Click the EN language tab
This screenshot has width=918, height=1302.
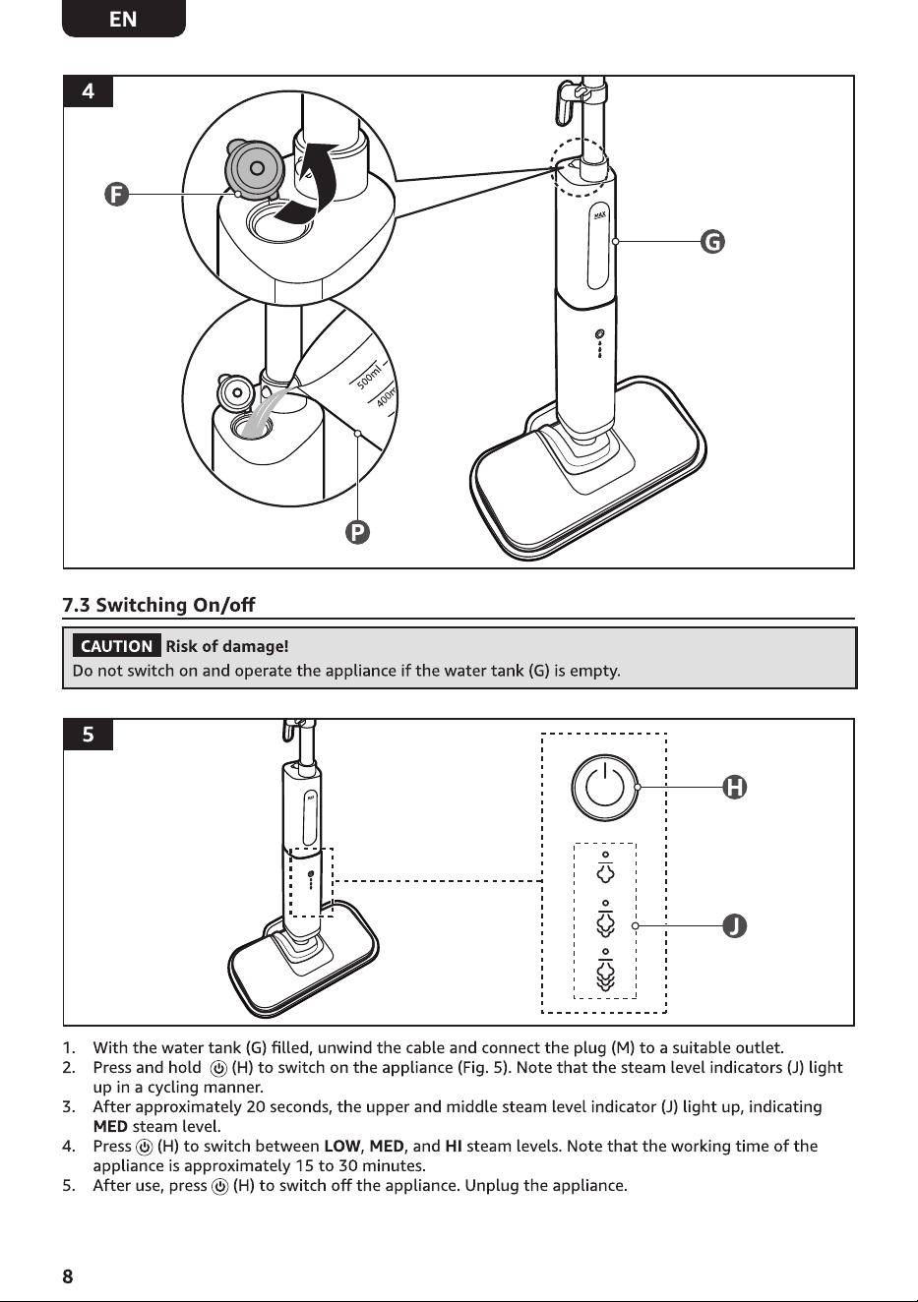(x=123, y=19)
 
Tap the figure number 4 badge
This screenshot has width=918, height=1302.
(x=88, y=91)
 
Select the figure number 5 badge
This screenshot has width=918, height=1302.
(x=88, y=735)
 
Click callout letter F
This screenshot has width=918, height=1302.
(x=116, y=194)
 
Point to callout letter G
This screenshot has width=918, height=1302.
(x=712, y=241)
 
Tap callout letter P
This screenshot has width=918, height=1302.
(x=357, y=532)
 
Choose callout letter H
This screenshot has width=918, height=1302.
(x=734, y=787)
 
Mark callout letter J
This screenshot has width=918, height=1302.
(x=734, y=925)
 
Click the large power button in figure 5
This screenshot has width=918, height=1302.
(x=604, y=787)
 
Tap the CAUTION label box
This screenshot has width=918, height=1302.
(x=116, y=646)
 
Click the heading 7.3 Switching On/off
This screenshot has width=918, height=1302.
(x=158, y=605)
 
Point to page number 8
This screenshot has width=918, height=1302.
(x=68, y=1275)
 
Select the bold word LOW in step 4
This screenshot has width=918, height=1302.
(x=342, y=1146)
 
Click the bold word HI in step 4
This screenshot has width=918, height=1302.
(x=454, y=1146)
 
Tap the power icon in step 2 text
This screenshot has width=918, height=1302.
(x=218, y=1068)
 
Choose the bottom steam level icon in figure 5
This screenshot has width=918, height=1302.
(x=605, y=969)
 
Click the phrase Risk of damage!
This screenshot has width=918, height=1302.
(x=227, y=646)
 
